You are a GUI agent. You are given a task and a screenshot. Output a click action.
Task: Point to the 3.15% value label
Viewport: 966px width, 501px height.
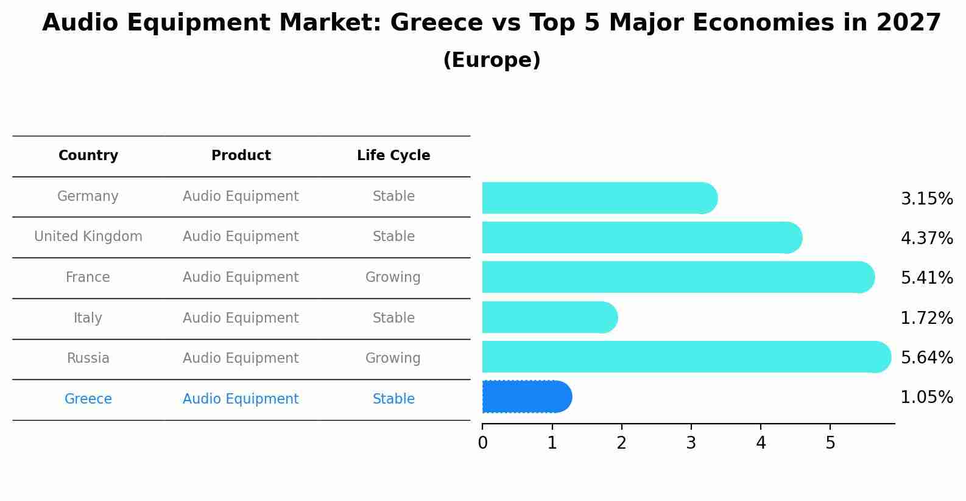pos(926,199)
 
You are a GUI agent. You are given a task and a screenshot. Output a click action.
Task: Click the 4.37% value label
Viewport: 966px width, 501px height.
pos(926,239)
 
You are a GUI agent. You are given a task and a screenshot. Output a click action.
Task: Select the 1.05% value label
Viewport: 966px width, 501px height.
pos(926,398)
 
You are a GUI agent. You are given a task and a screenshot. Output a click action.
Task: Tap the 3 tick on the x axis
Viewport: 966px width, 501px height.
pos(691,443)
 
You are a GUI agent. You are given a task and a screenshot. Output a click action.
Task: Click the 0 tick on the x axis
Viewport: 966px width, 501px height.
pos(483,443)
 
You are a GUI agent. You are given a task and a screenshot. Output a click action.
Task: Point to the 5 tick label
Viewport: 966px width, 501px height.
pos(830,443)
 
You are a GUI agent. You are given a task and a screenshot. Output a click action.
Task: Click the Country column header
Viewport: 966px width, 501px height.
pos(88,156)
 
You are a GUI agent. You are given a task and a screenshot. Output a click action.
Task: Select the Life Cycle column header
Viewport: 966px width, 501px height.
pos(393,156)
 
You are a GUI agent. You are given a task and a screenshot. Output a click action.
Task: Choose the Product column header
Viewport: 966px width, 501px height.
pos(241,156)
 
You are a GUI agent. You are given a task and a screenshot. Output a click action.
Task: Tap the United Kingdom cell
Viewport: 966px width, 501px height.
pos(88,237)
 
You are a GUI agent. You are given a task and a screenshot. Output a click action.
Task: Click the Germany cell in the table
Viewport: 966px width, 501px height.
pos(88,197)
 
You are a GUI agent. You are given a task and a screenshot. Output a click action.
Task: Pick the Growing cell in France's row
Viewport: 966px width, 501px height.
pos(393,278)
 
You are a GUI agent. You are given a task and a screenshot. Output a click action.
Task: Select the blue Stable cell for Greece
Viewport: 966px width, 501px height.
pos(393,399)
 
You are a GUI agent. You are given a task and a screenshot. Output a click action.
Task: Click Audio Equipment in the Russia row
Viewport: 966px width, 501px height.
pos(241,359)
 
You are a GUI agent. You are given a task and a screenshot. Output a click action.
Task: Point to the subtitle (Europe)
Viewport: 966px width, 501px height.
pos(492,60)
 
